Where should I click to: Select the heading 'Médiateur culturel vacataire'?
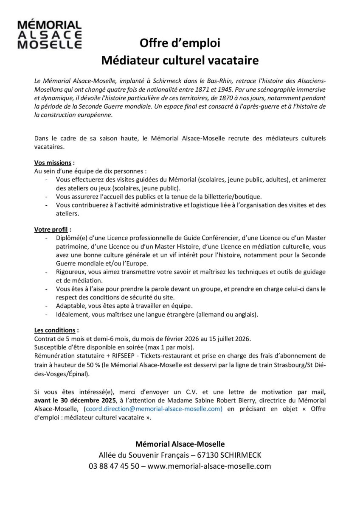pyautogui.click(x=180, y=60)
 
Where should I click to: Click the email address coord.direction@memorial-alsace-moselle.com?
pyautogui.click(x=153, y=408)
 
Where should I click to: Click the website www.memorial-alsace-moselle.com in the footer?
pyautogui.click(x=209, y=466)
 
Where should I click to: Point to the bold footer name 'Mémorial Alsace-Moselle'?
pyautogui.click(x=180, y=444)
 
